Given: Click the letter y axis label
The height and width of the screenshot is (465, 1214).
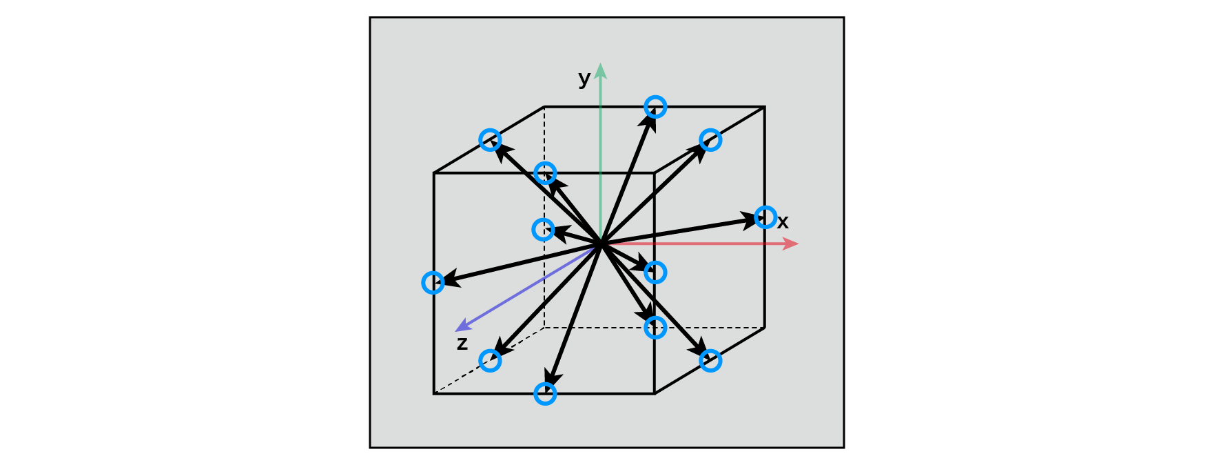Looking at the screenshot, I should coord(584,79).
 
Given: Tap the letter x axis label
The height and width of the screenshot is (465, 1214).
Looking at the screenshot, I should coord(783,222).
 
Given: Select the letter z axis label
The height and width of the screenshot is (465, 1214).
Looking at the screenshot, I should coord(462,344).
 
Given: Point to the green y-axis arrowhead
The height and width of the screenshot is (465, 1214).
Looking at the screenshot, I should coord(601,70).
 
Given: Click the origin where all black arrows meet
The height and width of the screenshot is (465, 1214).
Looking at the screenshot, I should coord(601,244).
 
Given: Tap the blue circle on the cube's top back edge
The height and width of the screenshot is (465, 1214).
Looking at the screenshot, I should coord(655,107).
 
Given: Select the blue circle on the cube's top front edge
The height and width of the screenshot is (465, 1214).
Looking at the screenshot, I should coord(545,173).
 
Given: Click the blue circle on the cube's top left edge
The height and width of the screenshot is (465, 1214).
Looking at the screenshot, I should coord(490,140).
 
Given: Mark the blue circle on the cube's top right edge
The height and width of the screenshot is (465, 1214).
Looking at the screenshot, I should coord(710,140).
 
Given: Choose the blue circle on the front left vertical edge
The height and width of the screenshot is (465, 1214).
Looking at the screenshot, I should coord(433,283).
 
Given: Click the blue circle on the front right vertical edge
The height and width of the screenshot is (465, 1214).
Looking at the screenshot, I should coord(655,273).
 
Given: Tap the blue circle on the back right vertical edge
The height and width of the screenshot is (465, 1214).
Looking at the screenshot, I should coord(765,217).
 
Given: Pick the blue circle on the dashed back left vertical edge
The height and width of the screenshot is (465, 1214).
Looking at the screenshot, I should coord(544,229).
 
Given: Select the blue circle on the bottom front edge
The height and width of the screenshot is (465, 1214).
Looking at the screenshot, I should coord(545,393).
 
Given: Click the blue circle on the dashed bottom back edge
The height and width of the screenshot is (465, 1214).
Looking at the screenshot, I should coord(655,328).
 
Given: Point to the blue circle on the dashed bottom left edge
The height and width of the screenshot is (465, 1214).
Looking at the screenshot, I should coord(490,360).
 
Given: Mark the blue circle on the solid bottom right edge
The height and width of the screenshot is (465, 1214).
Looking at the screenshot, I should coord(710,360).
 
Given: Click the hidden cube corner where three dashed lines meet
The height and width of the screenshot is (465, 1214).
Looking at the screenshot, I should coord(544,328).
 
